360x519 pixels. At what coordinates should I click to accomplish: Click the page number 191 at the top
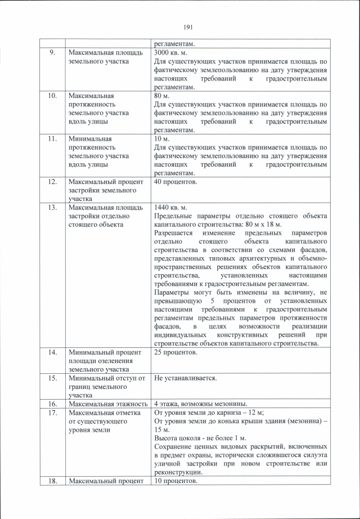coord(188,27)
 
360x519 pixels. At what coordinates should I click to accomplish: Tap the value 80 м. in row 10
coord(163,96)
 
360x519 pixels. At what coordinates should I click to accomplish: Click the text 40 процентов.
coord(176,182)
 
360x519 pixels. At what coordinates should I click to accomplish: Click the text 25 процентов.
coord(176,352)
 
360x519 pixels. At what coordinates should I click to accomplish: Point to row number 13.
coord(52,208)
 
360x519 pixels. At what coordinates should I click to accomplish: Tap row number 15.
coord(52,378)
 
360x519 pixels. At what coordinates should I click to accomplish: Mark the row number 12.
coord(52,182)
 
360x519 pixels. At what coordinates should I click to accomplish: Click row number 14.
coord(52,352)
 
